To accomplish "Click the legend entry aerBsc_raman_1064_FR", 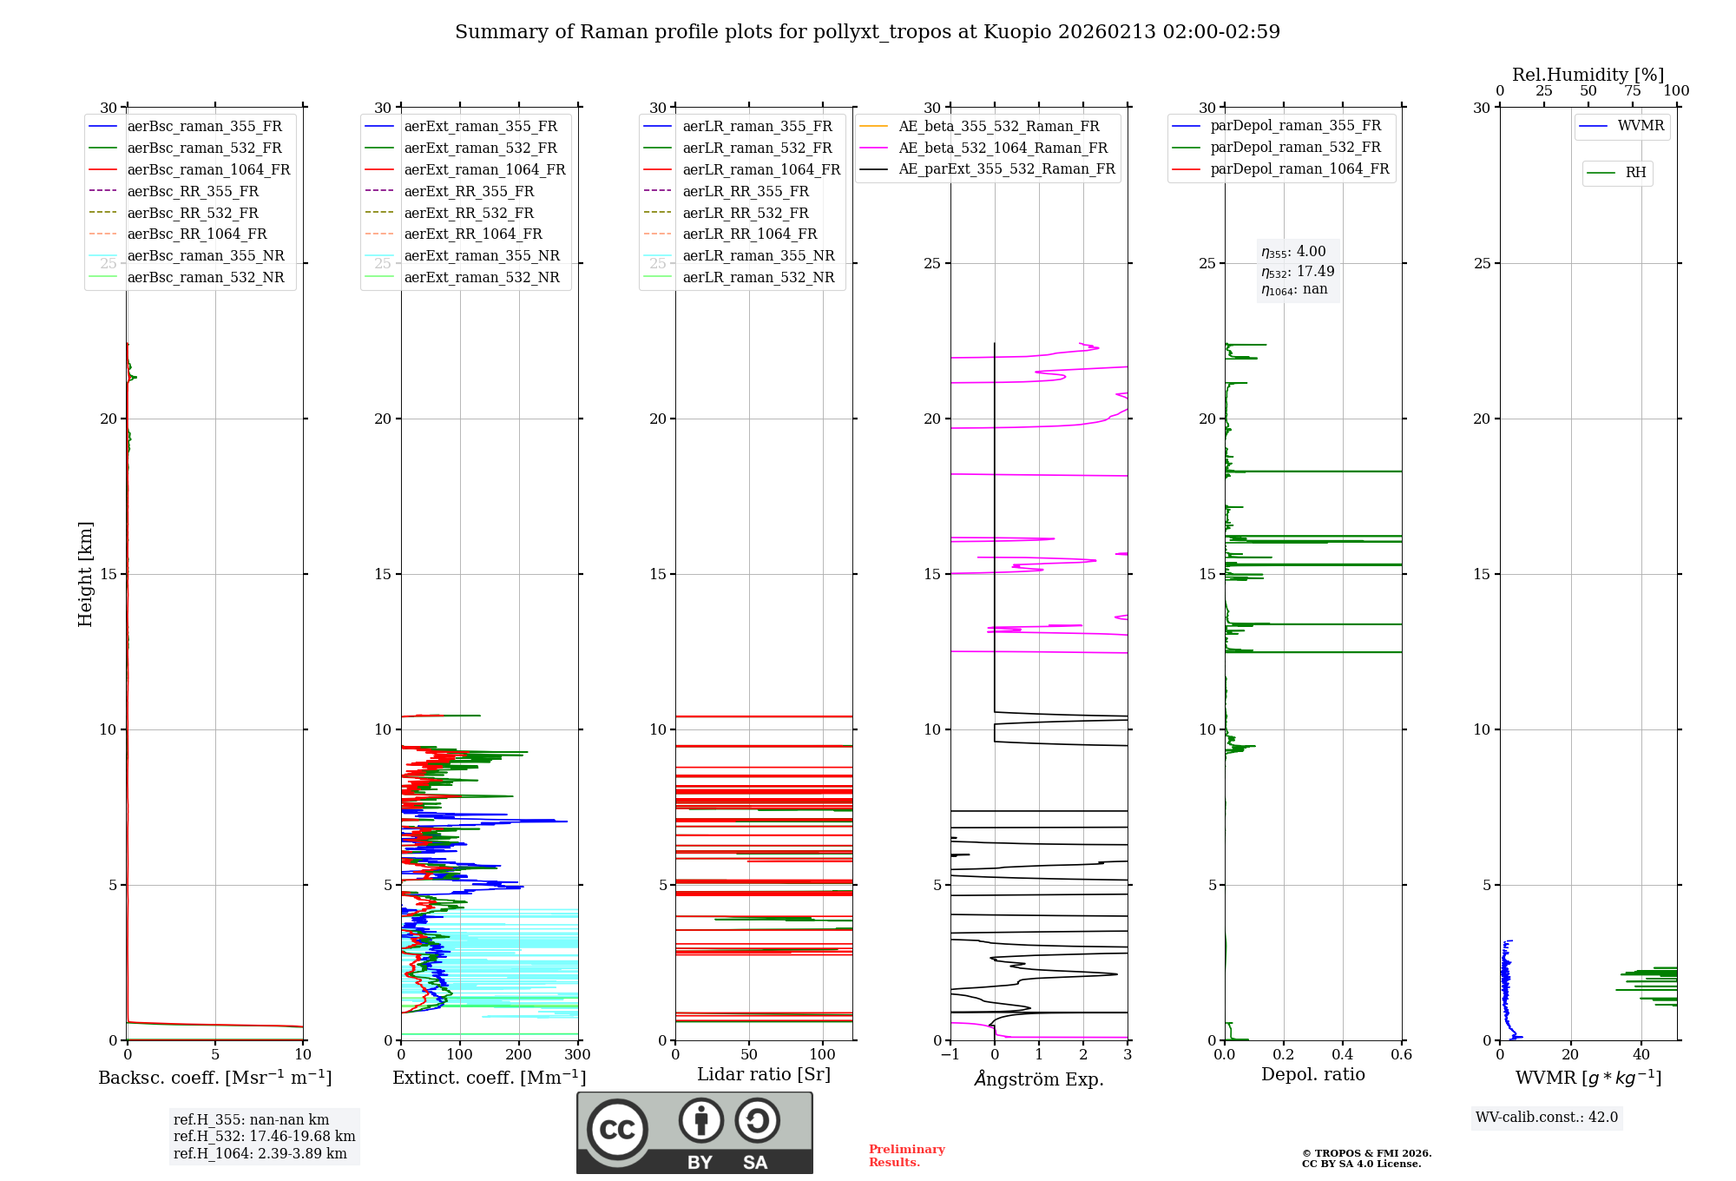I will [x=208, y=169].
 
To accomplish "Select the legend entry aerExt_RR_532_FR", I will [x=469, y=213].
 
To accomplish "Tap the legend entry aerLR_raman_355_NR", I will [x=758, y=255].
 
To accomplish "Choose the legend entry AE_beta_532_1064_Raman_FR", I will [x=1003, y=148].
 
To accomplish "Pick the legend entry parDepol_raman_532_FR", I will [x=1295, y=148].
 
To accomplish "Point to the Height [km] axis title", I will [x=85, y=573].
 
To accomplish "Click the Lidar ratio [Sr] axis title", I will [x=764, y=1074].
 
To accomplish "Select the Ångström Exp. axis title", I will [x=1039, y=1079].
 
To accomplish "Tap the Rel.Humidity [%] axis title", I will [x=1588, y=75].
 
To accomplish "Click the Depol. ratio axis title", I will [x=1312, y=1074].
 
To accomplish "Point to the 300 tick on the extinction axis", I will [x=577, y=1055].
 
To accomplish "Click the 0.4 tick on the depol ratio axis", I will [x=1342, y=1055].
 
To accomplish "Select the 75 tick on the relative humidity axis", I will [x=1632, y=91].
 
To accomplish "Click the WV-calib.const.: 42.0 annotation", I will [x=1546, y=1117].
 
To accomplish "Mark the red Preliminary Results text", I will [x=906, y=1155].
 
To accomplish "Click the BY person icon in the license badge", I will [x=700, y=1121].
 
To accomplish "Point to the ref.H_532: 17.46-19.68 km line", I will [x=264, y=1136].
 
